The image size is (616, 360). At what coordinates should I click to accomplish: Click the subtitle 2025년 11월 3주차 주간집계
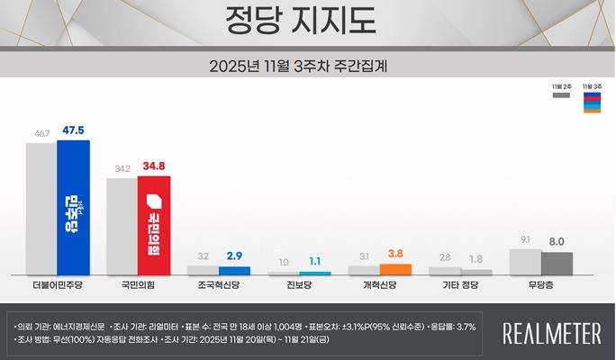pyautogui.click(x=307, y=66)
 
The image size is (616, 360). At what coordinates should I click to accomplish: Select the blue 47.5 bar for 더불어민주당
pyautogui.click(x=73, y=207)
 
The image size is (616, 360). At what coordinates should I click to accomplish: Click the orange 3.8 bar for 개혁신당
pyautogui.click(x=395, y=269)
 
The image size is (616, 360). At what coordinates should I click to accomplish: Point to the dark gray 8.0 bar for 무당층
pyautogui.click(x=557, y=264)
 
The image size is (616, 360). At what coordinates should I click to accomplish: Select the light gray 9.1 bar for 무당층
pyautogui.click(x=525, y=262)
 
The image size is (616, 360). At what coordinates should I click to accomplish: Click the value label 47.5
pyautogui.click(x=74, y=130)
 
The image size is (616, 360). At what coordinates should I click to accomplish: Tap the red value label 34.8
pyautogui.click(x=154, y=166)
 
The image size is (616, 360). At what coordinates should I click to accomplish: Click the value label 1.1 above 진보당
pyautogui.click(x=315, y=262)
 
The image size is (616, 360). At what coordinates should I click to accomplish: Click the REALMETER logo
pyautogui.click(x=552, y=334)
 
